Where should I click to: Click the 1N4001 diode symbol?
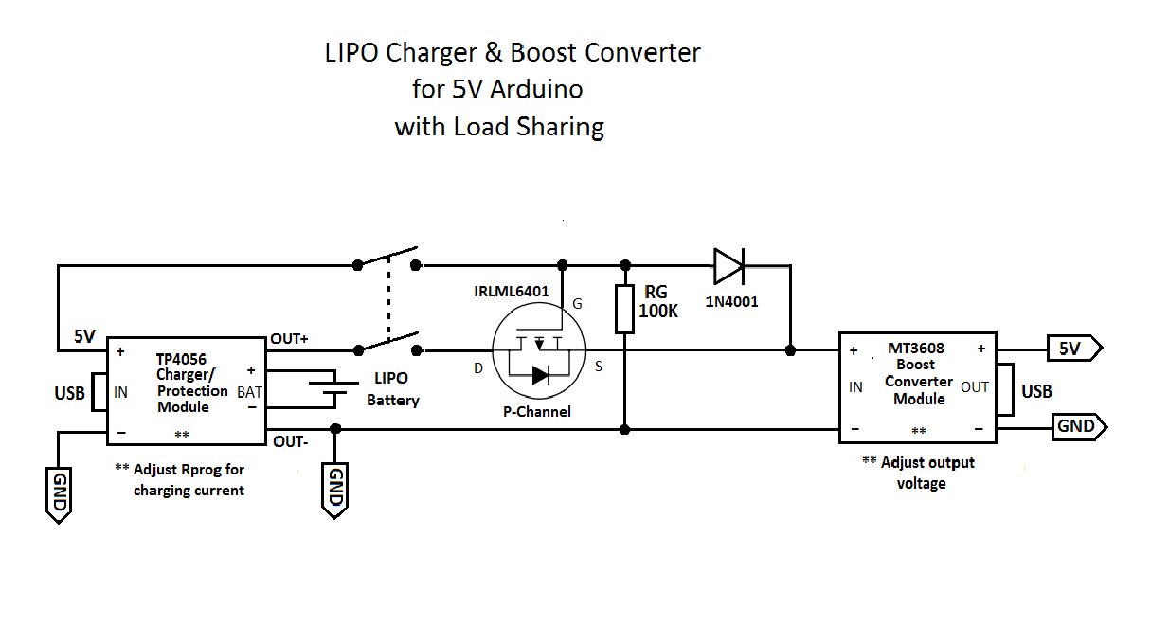(x=729, y=265)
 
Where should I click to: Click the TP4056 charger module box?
(x=186, y=390)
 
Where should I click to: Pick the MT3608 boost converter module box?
(x=917, y=386)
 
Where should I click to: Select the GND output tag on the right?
(x=1078, y=426)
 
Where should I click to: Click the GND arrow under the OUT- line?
(x=334, y=490)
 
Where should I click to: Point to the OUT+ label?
(x=290, y=338)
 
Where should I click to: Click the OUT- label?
(x=290, y=441)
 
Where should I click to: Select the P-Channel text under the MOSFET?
(x=537, y=411)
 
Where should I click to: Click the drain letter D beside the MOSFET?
(x=478, y=367)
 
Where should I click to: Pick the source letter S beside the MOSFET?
(x=599, y=367)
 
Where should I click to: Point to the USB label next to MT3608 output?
(x=1036, y=391)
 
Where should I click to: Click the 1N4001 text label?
(x=731, y=302)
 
